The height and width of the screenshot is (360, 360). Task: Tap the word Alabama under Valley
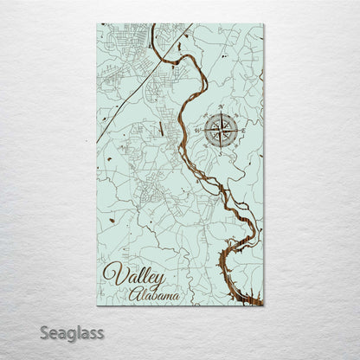pos(156,295)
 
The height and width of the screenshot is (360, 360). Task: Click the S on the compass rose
pos(221,153)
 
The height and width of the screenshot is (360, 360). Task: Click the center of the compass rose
pos(221,132)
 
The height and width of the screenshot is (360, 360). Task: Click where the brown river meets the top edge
pos(152,26)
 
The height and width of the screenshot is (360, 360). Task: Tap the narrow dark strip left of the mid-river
pos(161,131)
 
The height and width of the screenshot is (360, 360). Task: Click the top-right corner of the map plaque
pos(263,24)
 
